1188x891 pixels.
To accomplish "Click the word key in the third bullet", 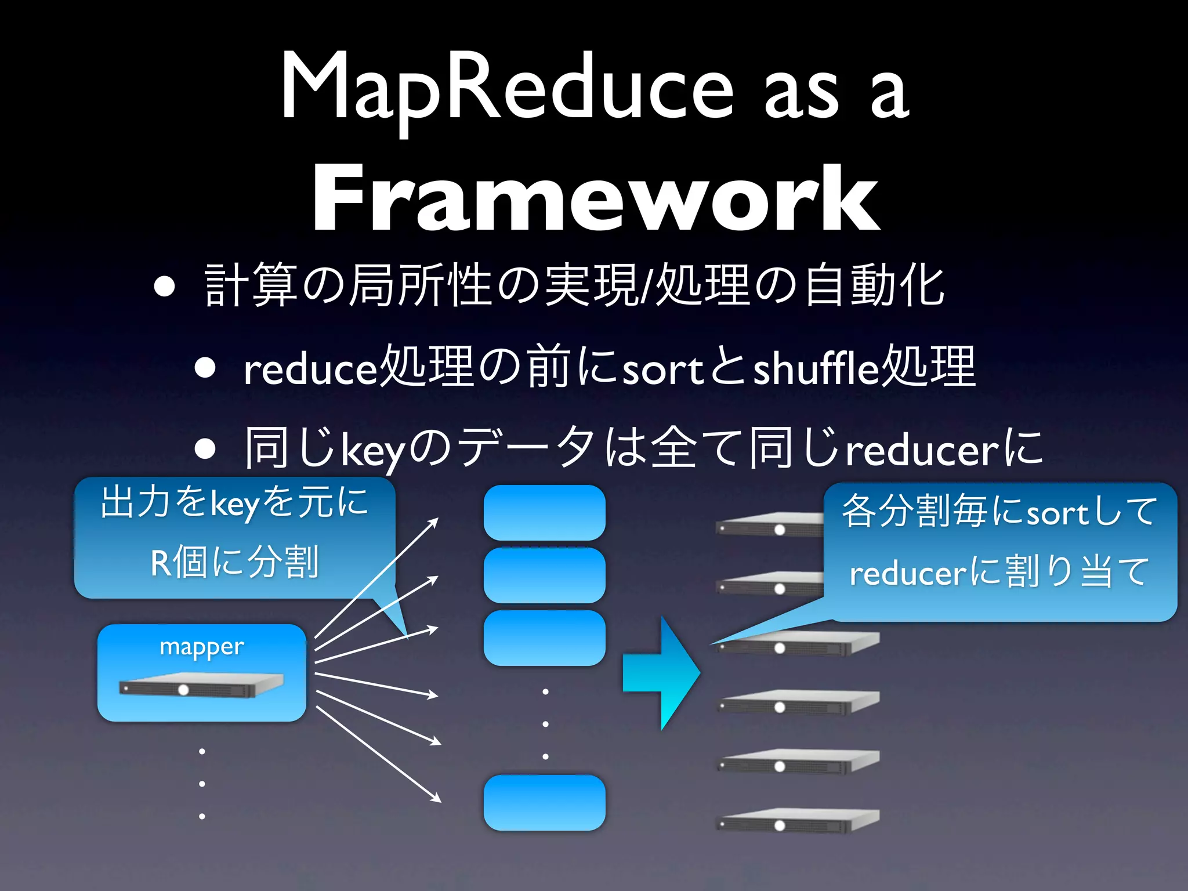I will point(372,450).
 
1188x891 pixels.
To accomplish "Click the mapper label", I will point(201,646).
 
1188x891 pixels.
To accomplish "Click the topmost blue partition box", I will point(544,512).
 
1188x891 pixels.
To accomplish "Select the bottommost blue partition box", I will point(544,802).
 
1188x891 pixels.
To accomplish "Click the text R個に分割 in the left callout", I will point(234,562).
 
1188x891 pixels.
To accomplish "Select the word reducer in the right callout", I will point(907,574).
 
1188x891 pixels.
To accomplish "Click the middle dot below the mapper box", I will point(202,784).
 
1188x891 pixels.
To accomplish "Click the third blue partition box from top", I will point(544,638).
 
